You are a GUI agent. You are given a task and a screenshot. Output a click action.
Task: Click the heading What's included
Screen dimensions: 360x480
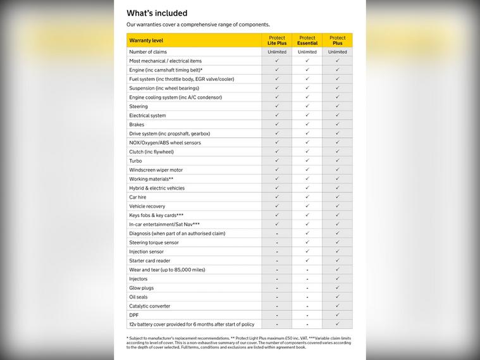click(x=157, y=13)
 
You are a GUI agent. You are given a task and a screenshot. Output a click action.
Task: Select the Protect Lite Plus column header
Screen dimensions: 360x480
click(x=277, y=40)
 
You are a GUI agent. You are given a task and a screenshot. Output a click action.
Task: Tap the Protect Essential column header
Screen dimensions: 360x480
click(x=307, y=40)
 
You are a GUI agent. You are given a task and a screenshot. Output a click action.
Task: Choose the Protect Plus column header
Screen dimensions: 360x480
click(x=338, y=40)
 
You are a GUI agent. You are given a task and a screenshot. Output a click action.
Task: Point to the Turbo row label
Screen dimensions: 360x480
click(x=135, y=161)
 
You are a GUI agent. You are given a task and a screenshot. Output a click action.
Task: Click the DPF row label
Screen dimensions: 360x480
click(x=134, y=315)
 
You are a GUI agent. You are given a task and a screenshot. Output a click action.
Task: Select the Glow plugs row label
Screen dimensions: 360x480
click(x=141, y=288)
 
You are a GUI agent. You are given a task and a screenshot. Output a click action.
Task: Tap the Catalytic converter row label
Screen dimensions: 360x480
click(x=150, y=306)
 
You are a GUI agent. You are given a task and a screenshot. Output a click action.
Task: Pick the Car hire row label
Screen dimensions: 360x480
click(x=138, y=197)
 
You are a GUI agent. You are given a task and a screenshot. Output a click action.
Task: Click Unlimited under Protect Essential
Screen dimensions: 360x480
click(x=307, y=52)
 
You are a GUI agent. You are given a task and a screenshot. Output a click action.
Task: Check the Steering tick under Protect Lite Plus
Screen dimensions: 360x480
click(x=277, y=106)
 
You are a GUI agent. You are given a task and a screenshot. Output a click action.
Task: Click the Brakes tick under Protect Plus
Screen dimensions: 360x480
click(x=338, y=125)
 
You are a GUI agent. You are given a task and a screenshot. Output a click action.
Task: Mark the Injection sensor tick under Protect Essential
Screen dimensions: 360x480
click(x=307, y=251)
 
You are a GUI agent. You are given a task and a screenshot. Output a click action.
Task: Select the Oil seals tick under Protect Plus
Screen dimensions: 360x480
click(x=338, y=297)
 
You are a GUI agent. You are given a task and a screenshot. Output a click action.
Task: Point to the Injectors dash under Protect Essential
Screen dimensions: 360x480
click(x=307, y=279)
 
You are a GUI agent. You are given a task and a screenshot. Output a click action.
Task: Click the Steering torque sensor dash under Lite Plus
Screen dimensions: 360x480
click(x=277, y=242)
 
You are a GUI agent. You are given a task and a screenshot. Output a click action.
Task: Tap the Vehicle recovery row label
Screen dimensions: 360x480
click(x=147, y=206)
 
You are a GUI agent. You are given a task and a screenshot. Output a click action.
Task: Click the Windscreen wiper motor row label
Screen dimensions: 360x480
click(x=156, y=170)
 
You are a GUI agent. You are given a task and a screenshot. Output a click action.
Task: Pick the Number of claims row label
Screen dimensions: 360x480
click(x=148, y=52)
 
